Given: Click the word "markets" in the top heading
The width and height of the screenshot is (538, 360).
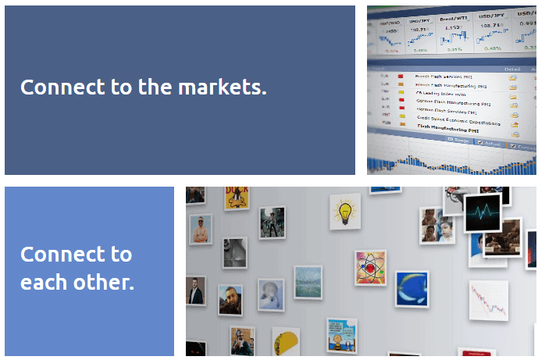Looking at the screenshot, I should tap(222, 87).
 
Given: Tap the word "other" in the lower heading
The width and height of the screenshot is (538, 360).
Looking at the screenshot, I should tap(106, 282).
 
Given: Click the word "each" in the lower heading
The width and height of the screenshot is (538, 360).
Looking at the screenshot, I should tap(45, 282).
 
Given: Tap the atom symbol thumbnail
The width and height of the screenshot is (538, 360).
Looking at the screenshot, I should tap(369, 268).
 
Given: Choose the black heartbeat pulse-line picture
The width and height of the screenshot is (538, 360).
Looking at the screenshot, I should tap(482, 212).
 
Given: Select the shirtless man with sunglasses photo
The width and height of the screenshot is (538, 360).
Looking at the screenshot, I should tap(201, 230).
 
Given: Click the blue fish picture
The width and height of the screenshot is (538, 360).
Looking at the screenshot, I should tap(411, 289).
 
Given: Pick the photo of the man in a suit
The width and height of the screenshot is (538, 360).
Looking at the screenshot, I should tap(194, 293).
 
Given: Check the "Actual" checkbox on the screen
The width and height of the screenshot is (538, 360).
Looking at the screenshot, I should tap(479, 143).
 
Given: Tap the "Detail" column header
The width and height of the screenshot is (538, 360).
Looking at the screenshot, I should tap(512, 70).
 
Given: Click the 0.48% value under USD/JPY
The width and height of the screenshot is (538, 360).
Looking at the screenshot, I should tap(492, 48).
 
